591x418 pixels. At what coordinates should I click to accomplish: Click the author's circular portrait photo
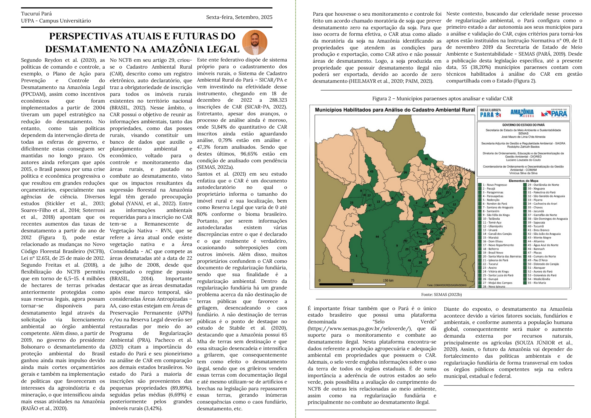point(254,42)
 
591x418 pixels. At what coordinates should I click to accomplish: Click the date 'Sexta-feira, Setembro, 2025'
point(239,17)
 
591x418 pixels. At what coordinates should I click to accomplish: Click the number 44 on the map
point(377,236)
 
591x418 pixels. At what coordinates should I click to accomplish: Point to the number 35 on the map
point(426,159)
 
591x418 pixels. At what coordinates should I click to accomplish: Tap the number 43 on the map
point(372,171)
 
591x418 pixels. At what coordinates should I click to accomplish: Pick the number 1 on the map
point(357,256)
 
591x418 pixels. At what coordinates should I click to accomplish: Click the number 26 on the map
point(405,172)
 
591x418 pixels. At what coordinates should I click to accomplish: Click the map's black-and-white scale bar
point(353,284)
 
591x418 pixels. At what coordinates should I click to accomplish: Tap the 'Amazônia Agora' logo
point(522,113)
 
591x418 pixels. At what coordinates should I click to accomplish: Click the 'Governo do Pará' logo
point(555,113)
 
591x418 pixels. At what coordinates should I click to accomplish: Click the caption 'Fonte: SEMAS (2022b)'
point(441,294)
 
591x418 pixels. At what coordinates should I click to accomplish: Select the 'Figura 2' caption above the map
point(442,98)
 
